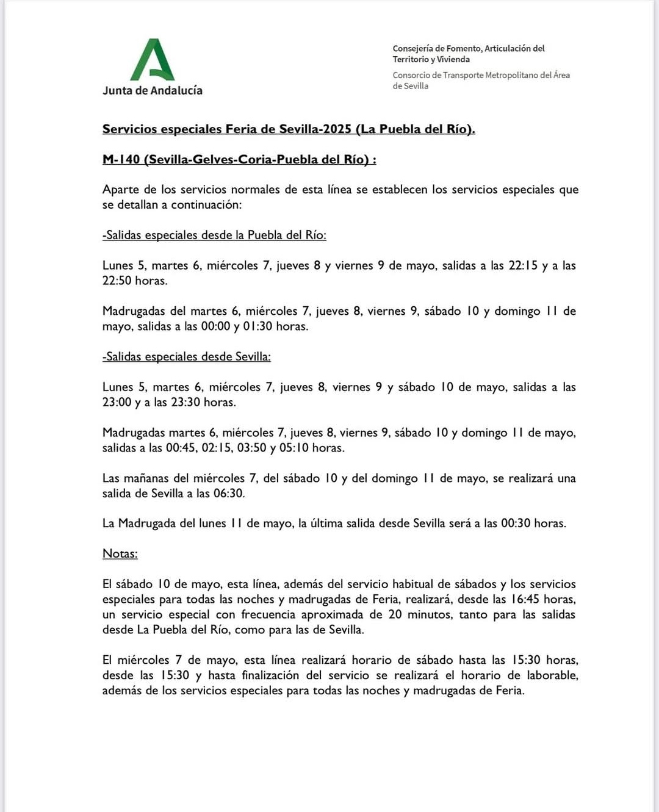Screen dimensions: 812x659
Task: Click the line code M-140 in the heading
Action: (x=121, y=160)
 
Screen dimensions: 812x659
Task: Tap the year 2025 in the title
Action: (x=337, y=129)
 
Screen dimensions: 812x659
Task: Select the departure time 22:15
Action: (x=523, y=265)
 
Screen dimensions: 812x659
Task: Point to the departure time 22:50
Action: (x=117, y=281)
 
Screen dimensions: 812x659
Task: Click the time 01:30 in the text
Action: (x=257, y=326)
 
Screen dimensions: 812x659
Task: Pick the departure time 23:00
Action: (x=117, y=402)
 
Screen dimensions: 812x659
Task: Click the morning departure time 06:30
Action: (x=229, y=494)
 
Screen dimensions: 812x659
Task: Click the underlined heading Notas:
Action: (x=120, y=554)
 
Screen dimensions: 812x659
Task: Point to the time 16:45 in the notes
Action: (x=524, y=599)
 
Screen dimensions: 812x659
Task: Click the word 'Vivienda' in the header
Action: (x=453, y=60)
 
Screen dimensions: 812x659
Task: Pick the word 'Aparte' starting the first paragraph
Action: (x=120, y=190)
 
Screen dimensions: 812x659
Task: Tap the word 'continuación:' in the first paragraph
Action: (x=206, y=205)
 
